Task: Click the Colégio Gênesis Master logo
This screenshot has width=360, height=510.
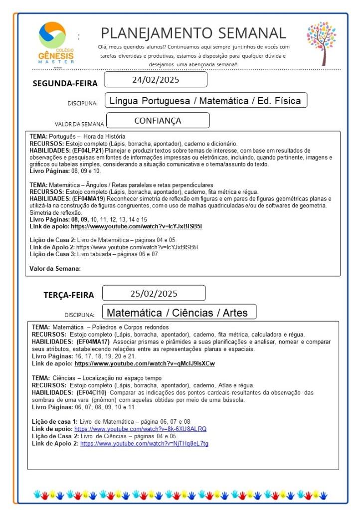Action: (x=55, y=43)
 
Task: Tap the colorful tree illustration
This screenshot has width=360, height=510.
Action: (x=322, y=43)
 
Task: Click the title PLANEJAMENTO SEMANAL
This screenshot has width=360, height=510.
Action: (x=193, y=33)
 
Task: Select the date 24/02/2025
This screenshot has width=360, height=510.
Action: (x=156, y=80)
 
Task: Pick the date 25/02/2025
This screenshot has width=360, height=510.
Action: (x=154, y=293)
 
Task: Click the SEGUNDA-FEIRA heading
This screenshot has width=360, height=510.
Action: (x=65, y=83)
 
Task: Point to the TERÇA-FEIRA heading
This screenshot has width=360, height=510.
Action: (x=68, y=295)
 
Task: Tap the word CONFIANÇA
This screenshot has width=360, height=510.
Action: (x=158, y=121)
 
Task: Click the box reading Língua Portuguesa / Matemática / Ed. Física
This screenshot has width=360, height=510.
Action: (x=205, y=101)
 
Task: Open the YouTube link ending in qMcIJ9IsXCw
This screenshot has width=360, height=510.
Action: (x=145, y=363)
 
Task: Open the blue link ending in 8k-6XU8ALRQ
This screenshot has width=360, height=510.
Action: (x=140, y=429)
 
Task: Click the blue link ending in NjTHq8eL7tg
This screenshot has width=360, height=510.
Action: (x=144, y=443)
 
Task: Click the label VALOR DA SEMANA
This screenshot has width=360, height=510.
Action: (x=79, y=124)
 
